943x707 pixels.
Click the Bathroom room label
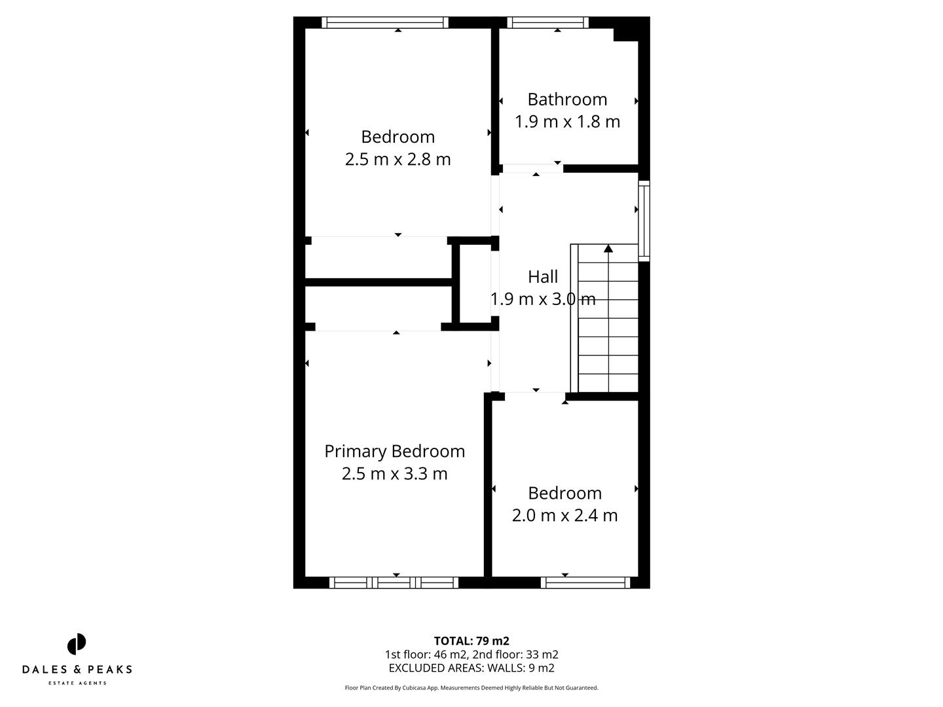coord(567,100)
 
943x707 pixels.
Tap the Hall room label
coord(543,277)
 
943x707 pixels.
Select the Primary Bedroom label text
coord(394,451)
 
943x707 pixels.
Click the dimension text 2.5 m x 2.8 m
coord(398,159)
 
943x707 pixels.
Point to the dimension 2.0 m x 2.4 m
coord(564,515)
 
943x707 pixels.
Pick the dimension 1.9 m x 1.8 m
coord(567,122)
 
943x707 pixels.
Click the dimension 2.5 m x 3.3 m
coord(394,473)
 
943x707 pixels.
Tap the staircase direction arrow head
coord(608,248)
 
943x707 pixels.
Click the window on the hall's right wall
coord(644,221)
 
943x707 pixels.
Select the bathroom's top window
coord(547,23)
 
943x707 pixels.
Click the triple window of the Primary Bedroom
coord(394,583)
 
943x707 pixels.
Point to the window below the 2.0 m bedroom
coord(585,583)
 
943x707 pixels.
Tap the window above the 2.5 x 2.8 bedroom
coord(385,23)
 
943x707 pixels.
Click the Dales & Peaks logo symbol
coord(77,644)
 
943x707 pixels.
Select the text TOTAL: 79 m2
coord(471,641)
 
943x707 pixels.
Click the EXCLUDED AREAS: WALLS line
coord(471,668)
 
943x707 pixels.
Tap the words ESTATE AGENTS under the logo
coord(77,683)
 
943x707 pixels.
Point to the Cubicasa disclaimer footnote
coord(471,688)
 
